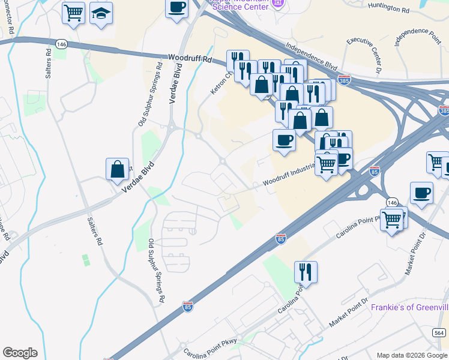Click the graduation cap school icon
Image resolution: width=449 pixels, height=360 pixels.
coord(101,12)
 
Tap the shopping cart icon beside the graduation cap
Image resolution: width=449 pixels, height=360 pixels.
coord(73,12)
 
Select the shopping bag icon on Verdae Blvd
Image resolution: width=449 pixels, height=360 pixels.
coord(118,169)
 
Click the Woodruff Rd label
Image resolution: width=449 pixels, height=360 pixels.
coord(191,59)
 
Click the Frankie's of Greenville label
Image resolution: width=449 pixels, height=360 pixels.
coord(409,307)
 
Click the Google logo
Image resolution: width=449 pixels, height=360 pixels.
coord(20,353)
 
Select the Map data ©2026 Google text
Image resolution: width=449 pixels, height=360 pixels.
coord(412,355)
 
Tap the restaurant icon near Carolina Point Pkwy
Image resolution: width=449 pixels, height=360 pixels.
coord(306,272)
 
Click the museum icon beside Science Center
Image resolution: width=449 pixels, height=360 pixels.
coord(277,4)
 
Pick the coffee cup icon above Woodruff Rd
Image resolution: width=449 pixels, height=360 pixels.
coord(177,8)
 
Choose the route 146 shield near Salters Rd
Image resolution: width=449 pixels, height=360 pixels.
coord(61,44)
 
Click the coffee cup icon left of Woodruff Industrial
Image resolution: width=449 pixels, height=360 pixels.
coord(284,140)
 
